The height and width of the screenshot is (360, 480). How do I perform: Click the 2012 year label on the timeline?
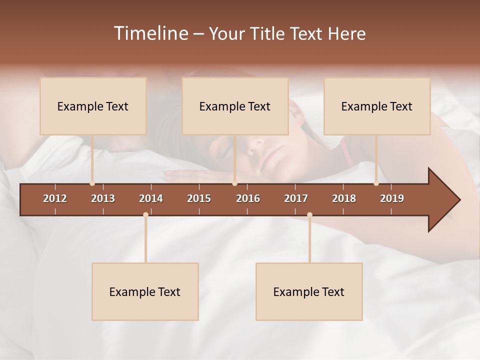click(55, 198)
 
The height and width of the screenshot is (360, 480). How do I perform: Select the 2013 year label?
click(103, 198)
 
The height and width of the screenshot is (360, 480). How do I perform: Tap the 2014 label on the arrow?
click(151, 198)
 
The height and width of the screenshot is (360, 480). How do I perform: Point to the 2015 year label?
click(199, 198)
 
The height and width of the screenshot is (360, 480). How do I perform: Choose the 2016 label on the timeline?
click(248, 198)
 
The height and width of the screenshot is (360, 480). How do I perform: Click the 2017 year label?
click(296, 198)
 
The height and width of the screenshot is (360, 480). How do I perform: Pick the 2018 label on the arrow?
click(344, 198)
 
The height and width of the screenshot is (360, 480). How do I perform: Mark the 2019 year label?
click(392, 198)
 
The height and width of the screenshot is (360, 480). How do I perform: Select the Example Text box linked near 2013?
click(93, 106)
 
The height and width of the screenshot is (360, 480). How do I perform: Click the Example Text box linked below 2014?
click(145, 291)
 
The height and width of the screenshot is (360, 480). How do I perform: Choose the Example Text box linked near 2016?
click(235, 106)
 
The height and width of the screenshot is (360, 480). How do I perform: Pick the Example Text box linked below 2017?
click(309, 291)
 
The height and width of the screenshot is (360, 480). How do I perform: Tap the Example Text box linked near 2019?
click(377, 106)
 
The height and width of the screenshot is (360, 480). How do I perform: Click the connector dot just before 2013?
click(92, 183)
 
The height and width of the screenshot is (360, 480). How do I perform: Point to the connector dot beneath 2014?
click(145, 215)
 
